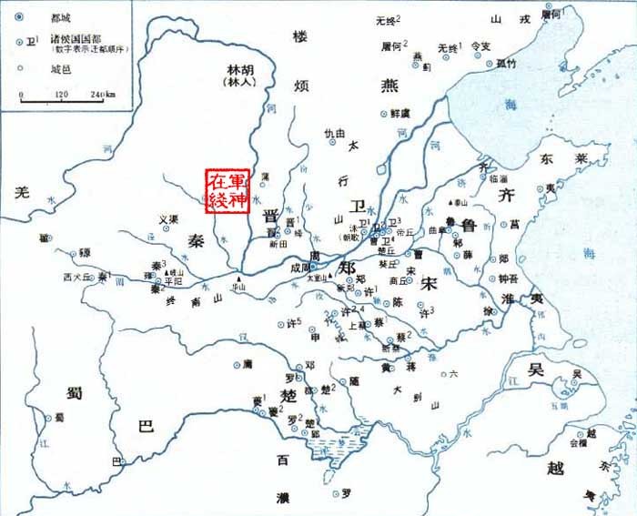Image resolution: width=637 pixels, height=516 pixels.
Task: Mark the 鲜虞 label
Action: tap(402, 113)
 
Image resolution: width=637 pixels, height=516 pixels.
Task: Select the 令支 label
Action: tap(481, 46)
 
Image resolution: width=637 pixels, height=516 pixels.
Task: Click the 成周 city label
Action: tap(301, 268)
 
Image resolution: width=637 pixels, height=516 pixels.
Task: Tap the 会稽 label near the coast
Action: tap(579, 443)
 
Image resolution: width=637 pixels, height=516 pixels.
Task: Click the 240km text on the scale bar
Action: tap(101, 95)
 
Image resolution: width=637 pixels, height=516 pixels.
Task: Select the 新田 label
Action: tap(278, 243)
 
